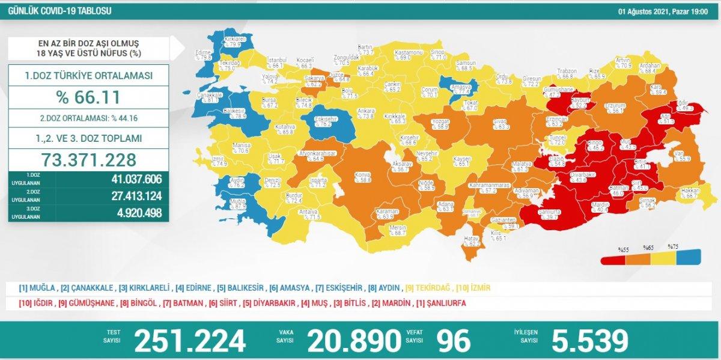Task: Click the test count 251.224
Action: (190, 341)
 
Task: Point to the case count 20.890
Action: (353, 341)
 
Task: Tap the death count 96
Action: (454, 341)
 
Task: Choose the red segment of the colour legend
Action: (614, 258)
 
